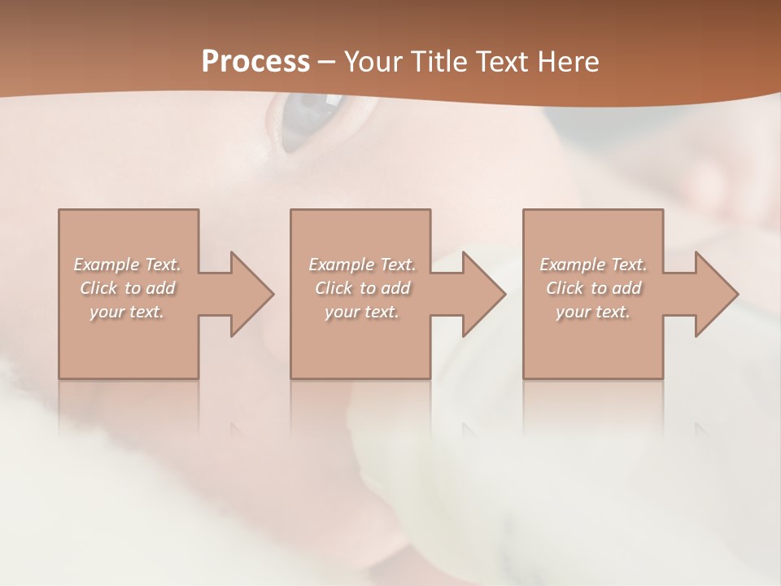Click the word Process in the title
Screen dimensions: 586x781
click(255, 61)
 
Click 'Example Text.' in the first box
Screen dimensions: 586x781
click(127, 265)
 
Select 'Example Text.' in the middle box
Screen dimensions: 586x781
click(361, 265)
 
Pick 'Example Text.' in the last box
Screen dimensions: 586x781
click(593, 265)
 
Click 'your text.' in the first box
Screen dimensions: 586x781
click(127, 312)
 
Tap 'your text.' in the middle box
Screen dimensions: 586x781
click(361, 312)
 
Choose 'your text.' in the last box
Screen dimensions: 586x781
click(593, 312)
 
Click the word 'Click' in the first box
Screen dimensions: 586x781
click(98, 288)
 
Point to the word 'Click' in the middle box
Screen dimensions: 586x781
click(334, 288)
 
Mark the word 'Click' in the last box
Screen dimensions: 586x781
click(565, 288)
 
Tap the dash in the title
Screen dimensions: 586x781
click(327, 62)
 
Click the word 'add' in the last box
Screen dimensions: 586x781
click(627, 288)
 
